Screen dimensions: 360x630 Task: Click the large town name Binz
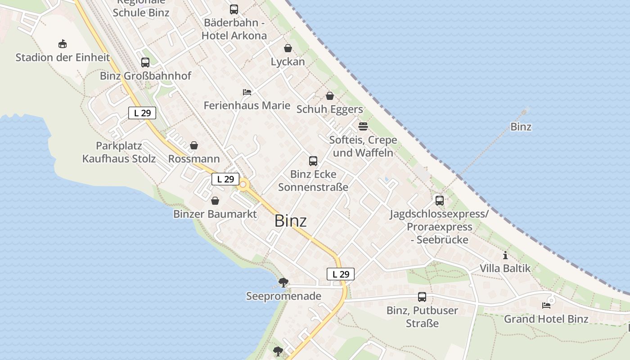click(x=290, y=221)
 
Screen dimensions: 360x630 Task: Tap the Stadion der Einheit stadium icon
click(x=63, y=44)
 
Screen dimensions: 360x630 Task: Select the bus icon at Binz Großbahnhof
click(x=145, y=63)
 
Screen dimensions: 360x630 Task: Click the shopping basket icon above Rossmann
click(x=194, y=145)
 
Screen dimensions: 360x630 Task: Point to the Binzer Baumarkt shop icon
click(x=215, y=200)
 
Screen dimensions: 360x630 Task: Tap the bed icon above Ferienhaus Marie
click(x=247, y=92)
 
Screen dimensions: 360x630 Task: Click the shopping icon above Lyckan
click(x=288, y=48)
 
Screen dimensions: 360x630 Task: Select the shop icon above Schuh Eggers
click(x=330, y=96)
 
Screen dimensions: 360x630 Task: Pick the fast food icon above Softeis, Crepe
click(x=363, y=126)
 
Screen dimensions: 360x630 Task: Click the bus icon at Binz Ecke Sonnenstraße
click(x=313, y=161)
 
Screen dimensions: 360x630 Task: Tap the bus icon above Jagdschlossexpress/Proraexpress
click(x=440, y=200)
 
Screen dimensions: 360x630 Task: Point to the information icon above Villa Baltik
click(x=505, y=255)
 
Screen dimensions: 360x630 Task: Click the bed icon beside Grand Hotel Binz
click(x=546, y=306)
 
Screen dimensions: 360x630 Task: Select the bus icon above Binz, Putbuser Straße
click(x=422, y=297)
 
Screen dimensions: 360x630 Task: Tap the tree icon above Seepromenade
click(x=283, y=283)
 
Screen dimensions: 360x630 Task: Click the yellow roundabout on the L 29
click(x=243, y=184)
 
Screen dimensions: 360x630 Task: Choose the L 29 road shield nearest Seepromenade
click(x=341, y=274)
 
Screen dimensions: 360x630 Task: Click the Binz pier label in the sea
click(x=521, y=127)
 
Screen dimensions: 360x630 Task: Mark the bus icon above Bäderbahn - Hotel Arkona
click(x=234, y=9)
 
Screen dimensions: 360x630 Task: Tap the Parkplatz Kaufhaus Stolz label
click(x=119, y=152)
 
